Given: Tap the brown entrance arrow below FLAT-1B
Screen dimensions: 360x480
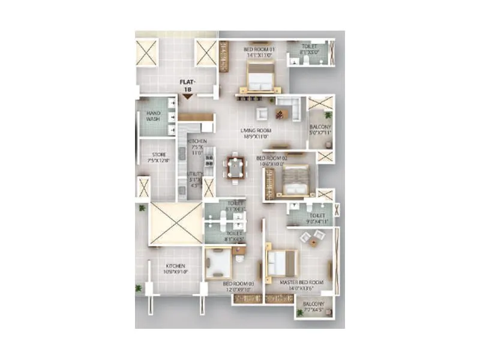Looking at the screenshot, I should click(187, 95).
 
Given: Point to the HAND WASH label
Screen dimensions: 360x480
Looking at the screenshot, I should click(154, 115).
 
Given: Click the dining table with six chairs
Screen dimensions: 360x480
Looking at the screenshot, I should click(234, 167).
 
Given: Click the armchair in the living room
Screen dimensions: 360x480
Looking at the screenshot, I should click(262, 113).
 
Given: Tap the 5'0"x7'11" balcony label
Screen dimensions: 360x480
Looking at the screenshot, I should click(320, 129).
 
